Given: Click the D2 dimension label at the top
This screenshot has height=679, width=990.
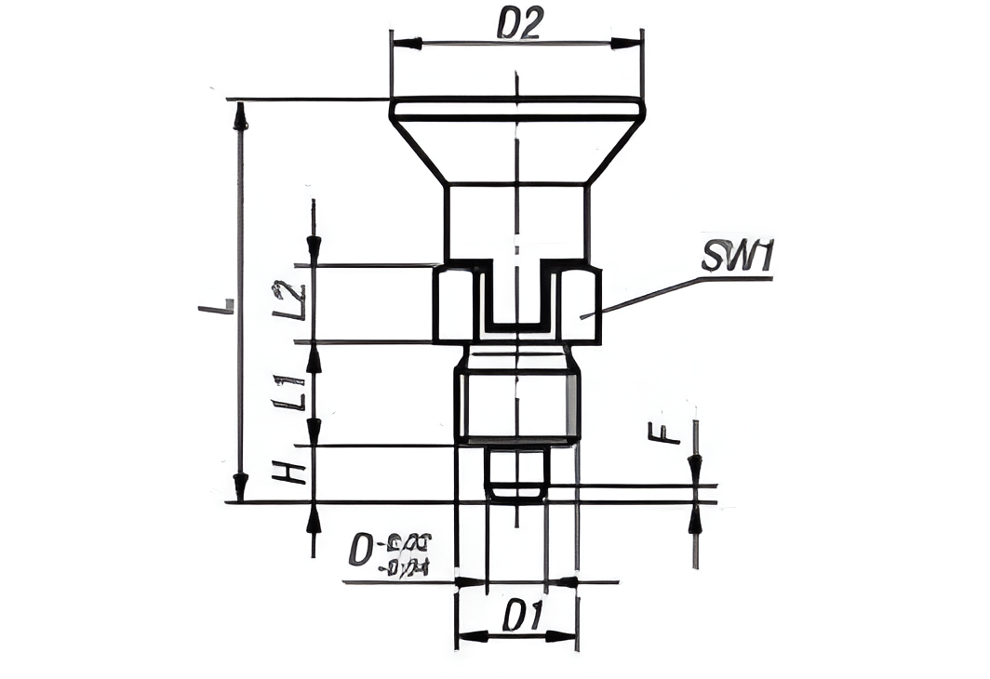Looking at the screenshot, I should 518,23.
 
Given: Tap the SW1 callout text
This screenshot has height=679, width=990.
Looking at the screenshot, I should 738,258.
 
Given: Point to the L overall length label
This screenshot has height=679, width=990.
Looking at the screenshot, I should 217,306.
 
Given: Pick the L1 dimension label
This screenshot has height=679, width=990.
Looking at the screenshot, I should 290,392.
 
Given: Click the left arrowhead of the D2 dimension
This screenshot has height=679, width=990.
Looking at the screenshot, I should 406,43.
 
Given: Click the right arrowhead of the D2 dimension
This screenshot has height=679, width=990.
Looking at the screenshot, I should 625,43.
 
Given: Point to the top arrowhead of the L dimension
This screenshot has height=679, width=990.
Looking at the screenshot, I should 241,115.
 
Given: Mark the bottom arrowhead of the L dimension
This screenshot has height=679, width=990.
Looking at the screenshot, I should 241,486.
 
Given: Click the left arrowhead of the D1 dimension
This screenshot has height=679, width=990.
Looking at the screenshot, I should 471,636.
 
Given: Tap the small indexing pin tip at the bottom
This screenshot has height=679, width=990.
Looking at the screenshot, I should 516,474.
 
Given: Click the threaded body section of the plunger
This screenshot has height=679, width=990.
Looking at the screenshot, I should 516,405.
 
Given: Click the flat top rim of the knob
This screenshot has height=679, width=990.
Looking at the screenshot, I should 516,109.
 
